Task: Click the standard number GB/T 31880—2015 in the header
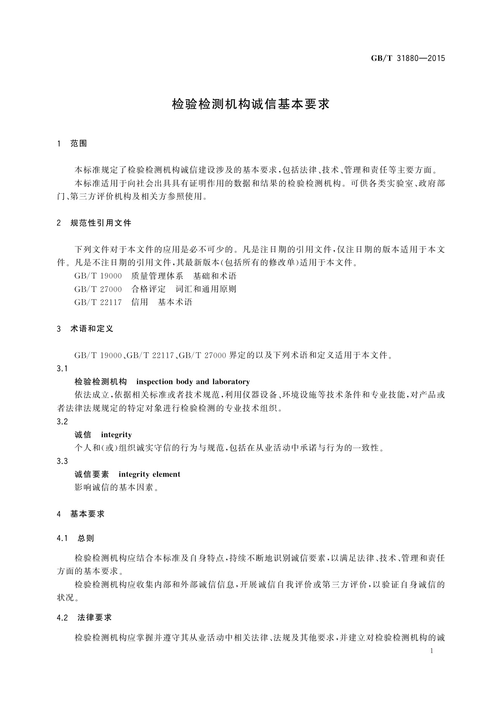408,59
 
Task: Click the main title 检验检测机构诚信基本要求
251,104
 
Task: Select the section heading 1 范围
72,144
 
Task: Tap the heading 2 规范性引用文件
94,223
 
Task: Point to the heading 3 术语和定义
85,329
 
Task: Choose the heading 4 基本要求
81,514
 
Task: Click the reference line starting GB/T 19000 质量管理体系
155,276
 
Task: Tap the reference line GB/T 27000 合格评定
155,289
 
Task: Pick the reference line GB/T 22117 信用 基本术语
133,302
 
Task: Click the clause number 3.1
62,369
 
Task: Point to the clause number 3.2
62,421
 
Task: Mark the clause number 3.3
62,461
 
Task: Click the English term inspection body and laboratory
193,382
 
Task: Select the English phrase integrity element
149,474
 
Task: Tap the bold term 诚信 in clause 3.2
83,435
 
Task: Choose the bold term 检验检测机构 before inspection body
101,382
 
